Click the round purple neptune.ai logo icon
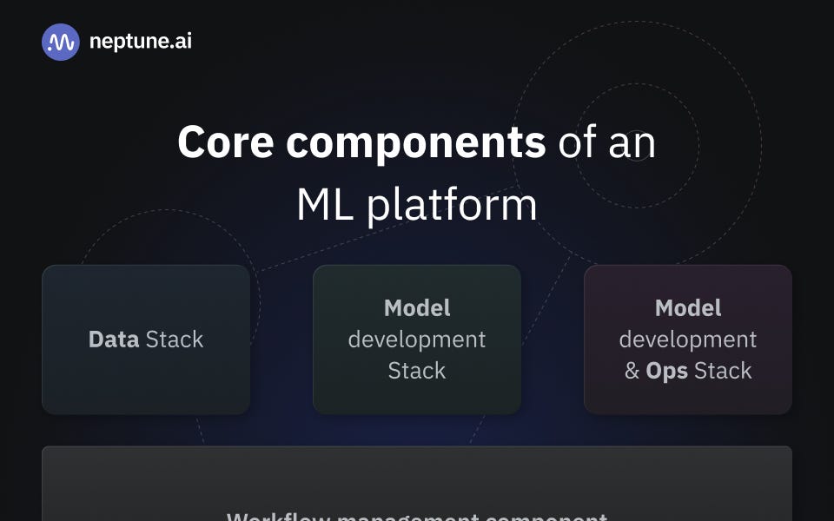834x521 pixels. point(61,42)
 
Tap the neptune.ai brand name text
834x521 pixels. point(140,42)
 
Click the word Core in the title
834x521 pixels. point(226,142)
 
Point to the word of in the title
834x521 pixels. point(579,142)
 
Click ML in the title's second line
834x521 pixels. point(324,206)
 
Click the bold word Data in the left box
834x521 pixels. point(114,339)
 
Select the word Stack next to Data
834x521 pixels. point(175,339)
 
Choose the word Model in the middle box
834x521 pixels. point(417,308)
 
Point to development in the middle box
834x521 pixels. point(417,340)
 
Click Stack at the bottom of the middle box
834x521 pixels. point(417,371)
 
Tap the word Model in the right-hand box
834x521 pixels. point(688,308)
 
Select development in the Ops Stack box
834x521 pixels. point(688,340)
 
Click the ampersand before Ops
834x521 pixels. point(632,371)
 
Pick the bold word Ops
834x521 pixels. point(666,371)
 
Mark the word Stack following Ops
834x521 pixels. point(723,371)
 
